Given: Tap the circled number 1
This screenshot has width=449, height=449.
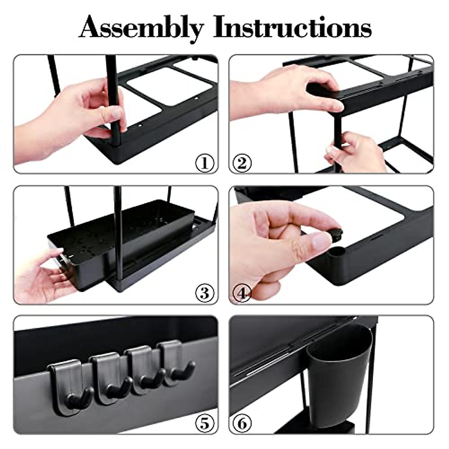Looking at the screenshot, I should [x=205, y=163].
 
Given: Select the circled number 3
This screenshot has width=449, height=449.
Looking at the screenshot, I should [x=205, y=293].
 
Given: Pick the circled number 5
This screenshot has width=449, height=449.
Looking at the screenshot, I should [x=205, y=424].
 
